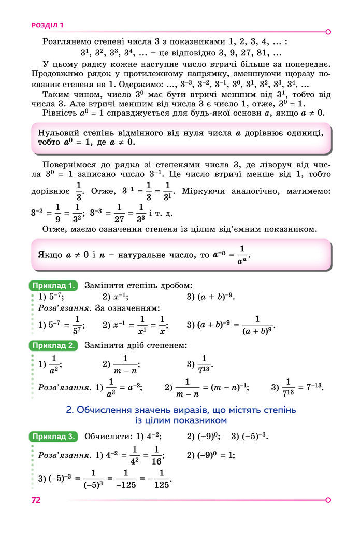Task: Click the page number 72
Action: (36, 500)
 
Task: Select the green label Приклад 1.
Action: (54, 285)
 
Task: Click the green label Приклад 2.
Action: (54, 345)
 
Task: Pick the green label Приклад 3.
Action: (54, 436)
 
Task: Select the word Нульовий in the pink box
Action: (57, 133)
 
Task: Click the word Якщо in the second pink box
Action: (50, 255)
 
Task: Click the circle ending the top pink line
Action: (328, 32)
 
